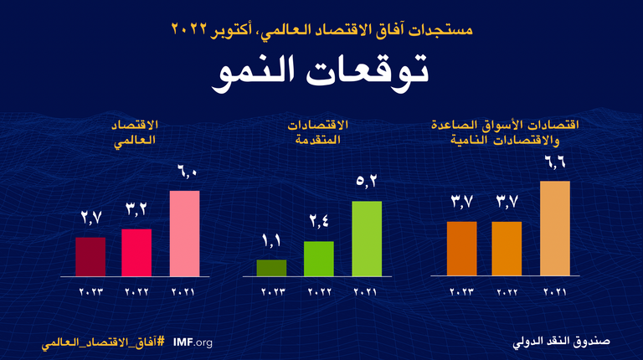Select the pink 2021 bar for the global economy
tap(184, 234)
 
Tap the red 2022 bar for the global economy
tap(136, 253)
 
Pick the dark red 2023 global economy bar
tap(90, 256)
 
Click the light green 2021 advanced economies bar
tap(367, 239)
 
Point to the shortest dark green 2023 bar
tap(271, 268)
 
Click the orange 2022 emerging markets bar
tap(507, 249)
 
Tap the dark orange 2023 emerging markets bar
tap(461, 249)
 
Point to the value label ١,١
tap(271, 244)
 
